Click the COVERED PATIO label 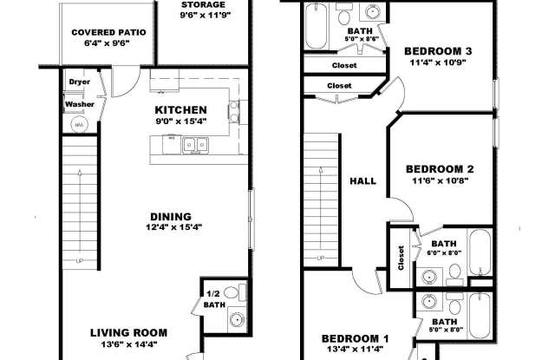pos(108,32)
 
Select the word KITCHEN pos(180,110)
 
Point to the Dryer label pos(80,83)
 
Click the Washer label pos(80,105)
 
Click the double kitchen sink pos(194,146)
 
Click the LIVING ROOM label pos(129,332)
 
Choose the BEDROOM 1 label pos(356,338)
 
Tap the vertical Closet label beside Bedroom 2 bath pos(401,258)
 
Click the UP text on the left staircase pos(80,259)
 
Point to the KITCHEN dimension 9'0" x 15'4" pos(180,121)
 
